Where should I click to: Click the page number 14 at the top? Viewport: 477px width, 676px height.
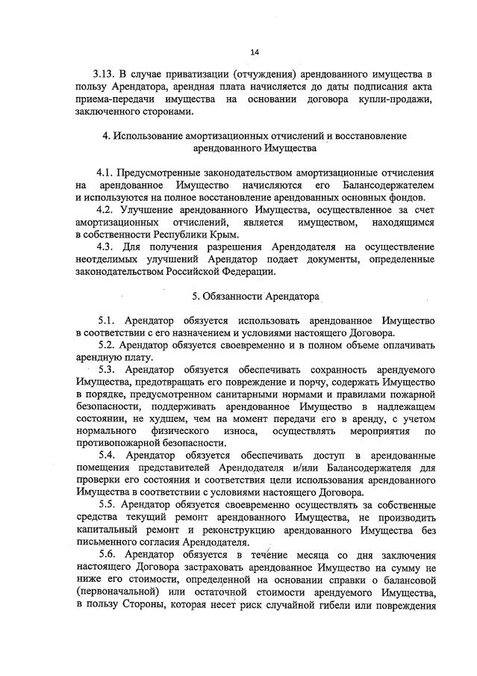tap(255, 52)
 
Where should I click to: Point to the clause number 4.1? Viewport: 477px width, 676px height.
tap(109, 172)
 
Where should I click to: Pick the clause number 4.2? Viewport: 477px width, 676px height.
tap(109, 210)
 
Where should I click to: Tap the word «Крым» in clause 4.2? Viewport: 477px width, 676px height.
tap(224, 235)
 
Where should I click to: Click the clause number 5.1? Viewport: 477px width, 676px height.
tap(109, 320)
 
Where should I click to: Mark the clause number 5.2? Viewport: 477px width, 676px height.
tap(109, 344)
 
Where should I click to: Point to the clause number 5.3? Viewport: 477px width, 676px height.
tap(109, 369)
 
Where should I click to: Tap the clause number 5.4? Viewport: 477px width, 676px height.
tap(109, 455)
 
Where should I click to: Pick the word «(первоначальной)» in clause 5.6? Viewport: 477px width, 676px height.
tap(118, 591)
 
